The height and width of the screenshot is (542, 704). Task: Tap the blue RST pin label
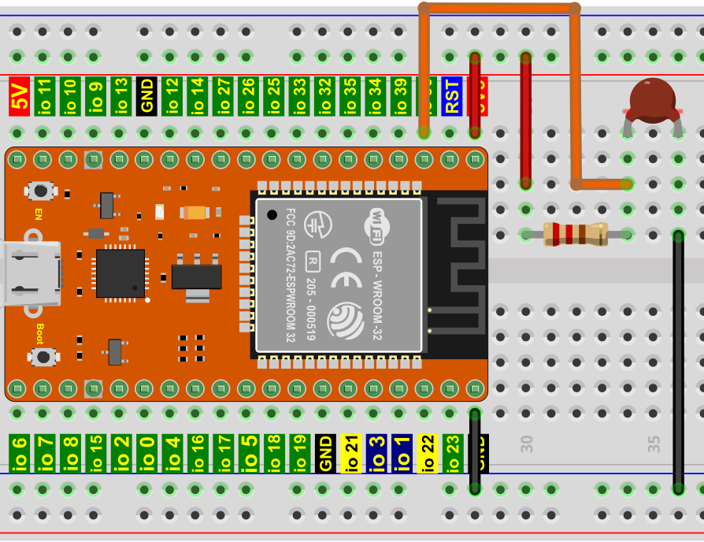coord(451,96)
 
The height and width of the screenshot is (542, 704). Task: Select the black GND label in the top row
coord(146,96)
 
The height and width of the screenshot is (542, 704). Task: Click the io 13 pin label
coord(120,96)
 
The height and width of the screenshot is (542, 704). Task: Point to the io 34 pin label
coord(375,96)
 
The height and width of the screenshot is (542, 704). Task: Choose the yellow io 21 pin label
coord(350,454)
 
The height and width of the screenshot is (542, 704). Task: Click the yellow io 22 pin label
coord(427,454)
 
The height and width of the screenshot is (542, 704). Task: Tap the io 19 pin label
coord(299,454)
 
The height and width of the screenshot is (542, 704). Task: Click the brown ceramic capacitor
coord(652,100)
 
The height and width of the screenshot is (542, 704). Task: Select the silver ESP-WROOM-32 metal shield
coord(339,274)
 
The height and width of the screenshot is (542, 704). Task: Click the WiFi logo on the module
coord(377,223)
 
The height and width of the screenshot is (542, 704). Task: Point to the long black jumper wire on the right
coord(678,362)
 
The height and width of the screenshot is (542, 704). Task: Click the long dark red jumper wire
coord(525,118)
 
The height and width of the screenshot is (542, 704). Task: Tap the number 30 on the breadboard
coord(527,444)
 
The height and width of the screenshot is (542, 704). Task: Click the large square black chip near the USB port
coord(120,273)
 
